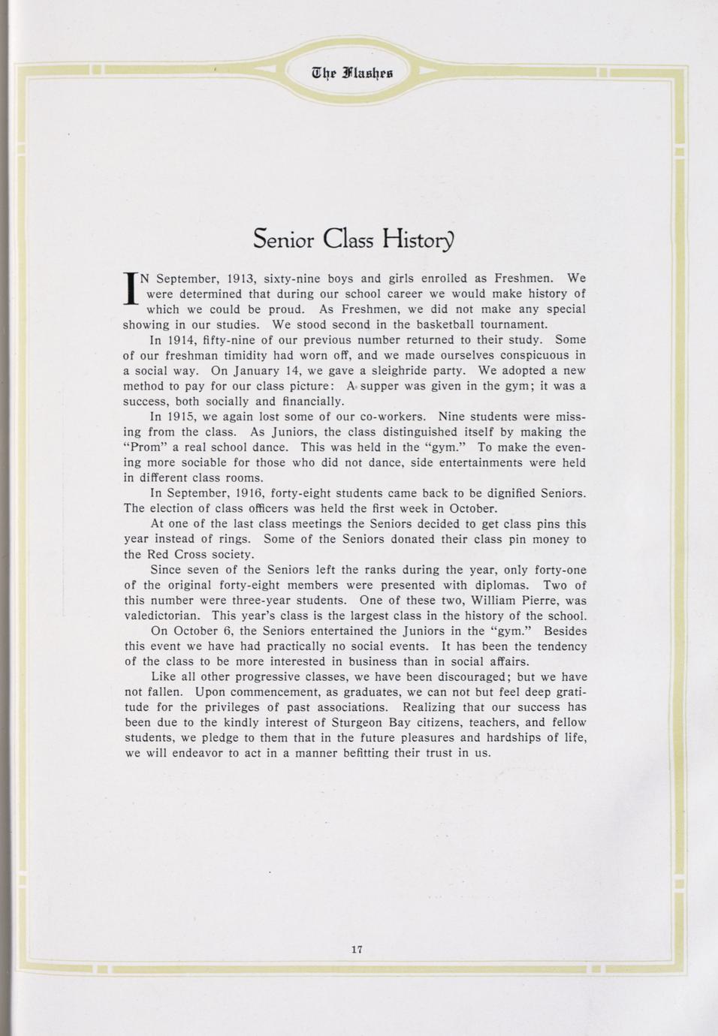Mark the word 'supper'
[384, 386]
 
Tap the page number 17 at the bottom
[357, 949]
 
